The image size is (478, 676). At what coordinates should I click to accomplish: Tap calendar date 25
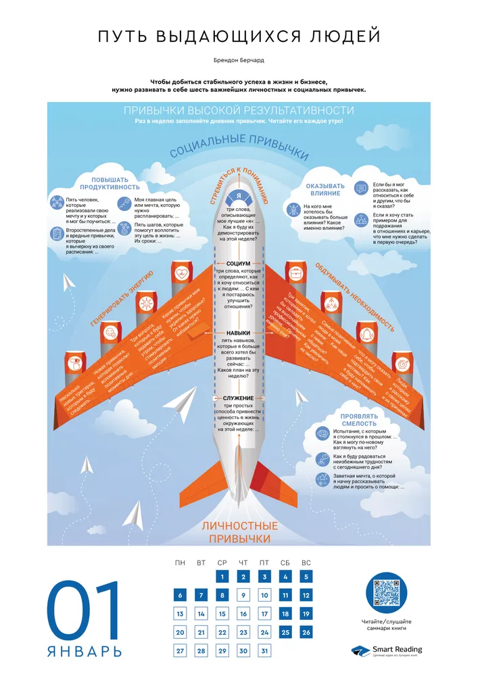click(x=285, y=633)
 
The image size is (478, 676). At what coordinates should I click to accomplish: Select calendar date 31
click(x=264, y=652)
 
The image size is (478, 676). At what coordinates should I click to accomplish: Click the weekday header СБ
click(x=285, y=562)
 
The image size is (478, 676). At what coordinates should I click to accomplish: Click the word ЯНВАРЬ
click(x=85, y=652)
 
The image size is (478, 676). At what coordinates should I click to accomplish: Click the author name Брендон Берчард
click(x=239, y=60)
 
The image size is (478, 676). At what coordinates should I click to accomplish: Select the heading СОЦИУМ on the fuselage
click(x=239, y=264)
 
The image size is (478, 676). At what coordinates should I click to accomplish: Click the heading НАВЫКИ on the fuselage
click(x=239, y=333)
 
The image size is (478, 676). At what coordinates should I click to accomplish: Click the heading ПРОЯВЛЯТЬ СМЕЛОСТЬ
click(x=348, y=420)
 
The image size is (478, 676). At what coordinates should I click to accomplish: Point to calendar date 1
click(x=222, y=577)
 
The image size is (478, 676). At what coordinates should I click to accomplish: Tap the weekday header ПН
click(x=180, y=562)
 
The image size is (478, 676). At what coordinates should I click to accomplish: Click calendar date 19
click(x=306, y=614)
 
